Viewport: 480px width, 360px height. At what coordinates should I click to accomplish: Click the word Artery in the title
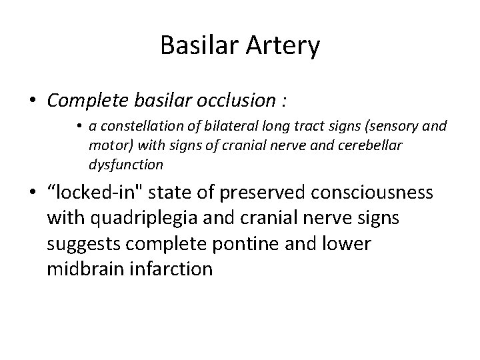(284, 46)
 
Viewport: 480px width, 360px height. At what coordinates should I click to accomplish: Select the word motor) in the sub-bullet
(109, 146)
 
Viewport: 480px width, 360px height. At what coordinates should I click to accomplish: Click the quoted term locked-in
(91, 193)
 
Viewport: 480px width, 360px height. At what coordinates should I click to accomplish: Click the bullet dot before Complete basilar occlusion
(33, 101)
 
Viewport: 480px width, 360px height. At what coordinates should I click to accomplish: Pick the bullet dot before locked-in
(33, 194)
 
